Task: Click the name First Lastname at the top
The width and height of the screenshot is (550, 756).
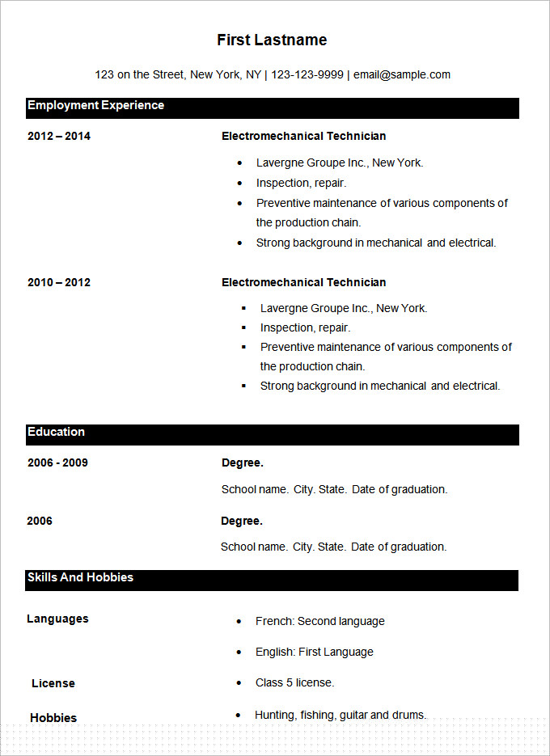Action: pyautogui.click(x=272, y=40)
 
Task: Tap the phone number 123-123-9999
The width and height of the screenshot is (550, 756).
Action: pyautogui.click(x=307, y=74)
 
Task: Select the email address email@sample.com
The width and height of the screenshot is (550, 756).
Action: pyautogui.click(x=403, y=74)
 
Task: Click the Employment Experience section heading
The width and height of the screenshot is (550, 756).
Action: pyautogui.click(x=95, y=105)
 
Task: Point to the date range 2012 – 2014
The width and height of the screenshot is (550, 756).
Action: pyautogui.click(x=59, y=136)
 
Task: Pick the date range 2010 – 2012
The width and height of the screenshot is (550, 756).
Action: pyautogui.click(x=59, y=282)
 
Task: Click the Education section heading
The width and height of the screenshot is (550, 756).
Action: pyautogui.click(x=56, y=432)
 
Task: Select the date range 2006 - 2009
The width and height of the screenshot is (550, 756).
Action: pyautogui.click(x=57, y=462)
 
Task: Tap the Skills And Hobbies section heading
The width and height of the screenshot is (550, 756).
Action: pyautogui.click(x=80, y=577)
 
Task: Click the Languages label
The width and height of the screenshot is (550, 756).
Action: pyautogui.click(x=57, y=619)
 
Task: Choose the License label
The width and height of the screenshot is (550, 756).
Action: pyautogui.click(x=53, y=683)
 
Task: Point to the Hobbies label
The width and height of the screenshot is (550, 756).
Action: pyautogui.click(x=53, y=718)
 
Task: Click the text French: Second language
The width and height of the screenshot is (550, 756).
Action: pyautogui.click(x=319, y=621)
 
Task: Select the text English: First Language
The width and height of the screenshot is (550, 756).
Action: pyautogui.click(x=314, y=652)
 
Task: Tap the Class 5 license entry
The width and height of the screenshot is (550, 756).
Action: pyautogui.click(x=294, y=682)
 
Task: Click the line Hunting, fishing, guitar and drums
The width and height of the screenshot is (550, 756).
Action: pyautogui.click(x=340, y=715)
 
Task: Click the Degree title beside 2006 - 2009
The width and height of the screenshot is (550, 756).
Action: pyautogui.click(x=242, y=462)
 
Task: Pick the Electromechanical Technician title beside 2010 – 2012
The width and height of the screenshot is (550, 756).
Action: pyautogui.click(x=303, y=282)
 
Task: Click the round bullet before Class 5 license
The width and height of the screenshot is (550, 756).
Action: pyautogui.click(x=239, y=683)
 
